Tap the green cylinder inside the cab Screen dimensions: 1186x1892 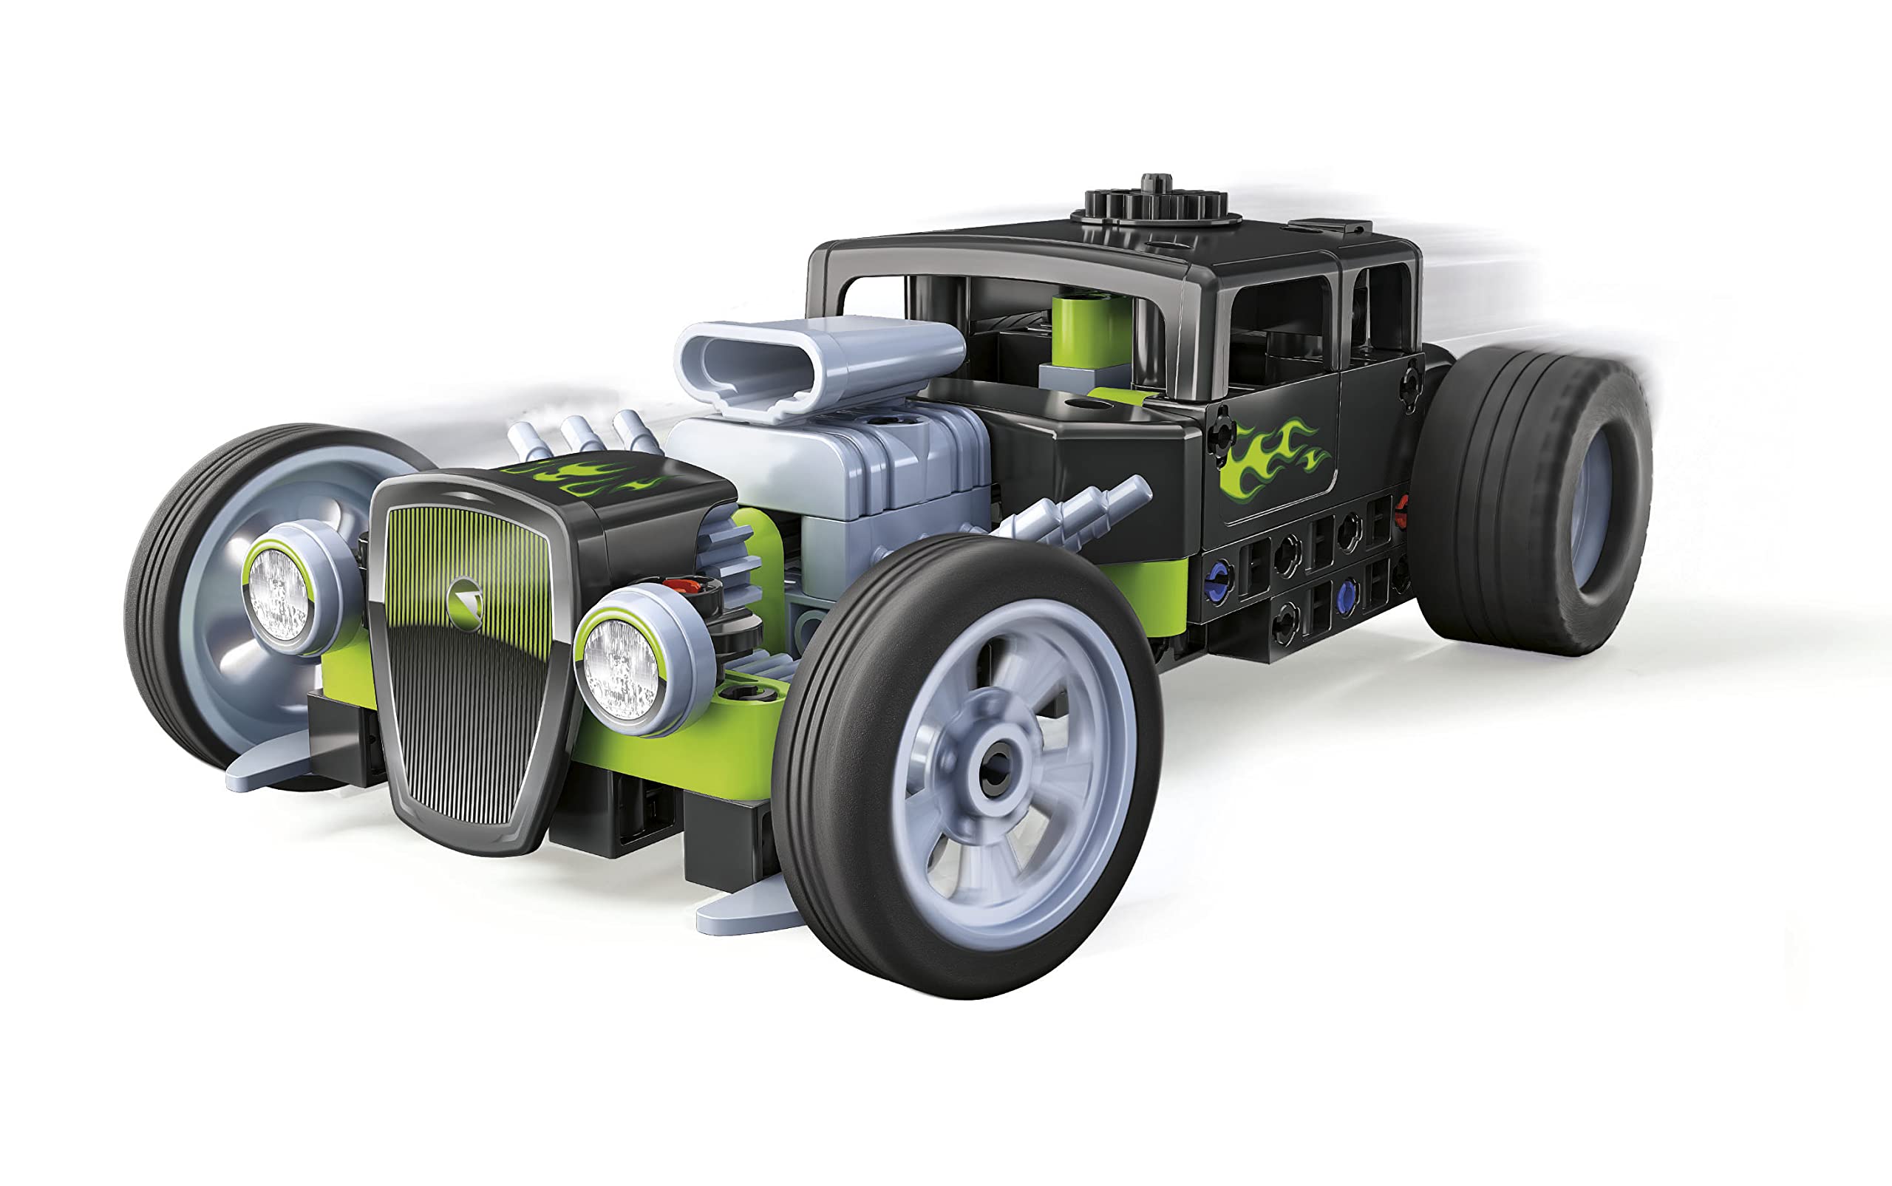pos(1092,330)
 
